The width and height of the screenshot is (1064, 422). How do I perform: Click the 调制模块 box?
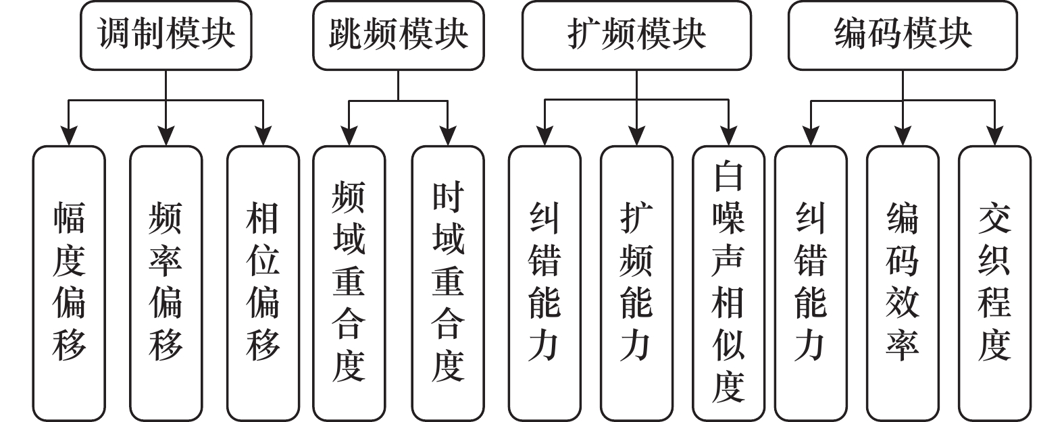pyautogui.click(x=166, y=35)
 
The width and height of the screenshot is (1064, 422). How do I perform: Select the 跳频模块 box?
pyautogui.click(x=398, y=35)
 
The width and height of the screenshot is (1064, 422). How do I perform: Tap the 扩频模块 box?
pyautogui.click(x=636, y=35)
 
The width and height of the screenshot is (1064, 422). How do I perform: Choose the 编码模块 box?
pyautogui.click(x=903, y=35)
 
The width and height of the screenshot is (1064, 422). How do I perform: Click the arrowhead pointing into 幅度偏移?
pyautogui.click(x=69, y=136)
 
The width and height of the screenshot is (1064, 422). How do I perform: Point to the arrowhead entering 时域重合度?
pyautogui.click(x=448, y=136)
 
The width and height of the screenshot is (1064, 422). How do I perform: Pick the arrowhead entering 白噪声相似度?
pyautogui.click(x=728, y=136)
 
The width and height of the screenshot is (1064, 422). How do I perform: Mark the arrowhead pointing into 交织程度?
pyautogui.click(x=994, y=136)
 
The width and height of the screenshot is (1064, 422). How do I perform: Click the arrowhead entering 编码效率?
pyautogui.click(x=903, y=136)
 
